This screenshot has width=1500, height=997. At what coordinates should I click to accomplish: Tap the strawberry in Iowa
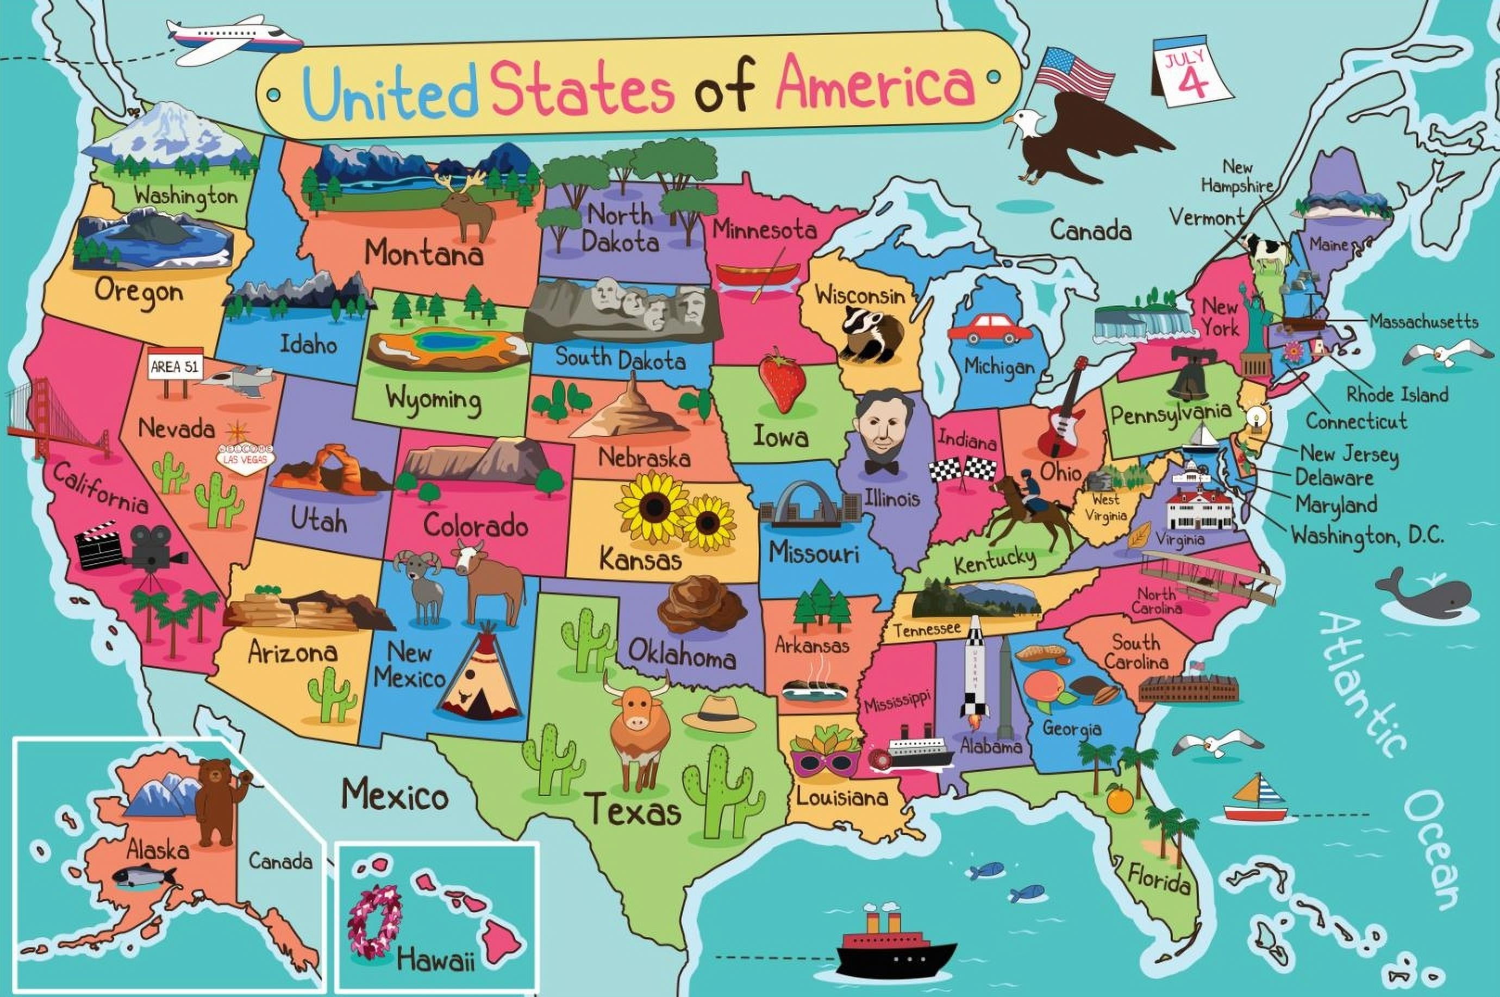[x=783, y=379]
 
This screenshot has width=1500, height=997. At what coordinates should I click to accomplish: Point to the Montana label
[x=423, y=254]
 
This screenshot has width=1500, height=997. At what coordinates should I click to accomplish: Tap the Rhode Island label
[x=1397, y=394]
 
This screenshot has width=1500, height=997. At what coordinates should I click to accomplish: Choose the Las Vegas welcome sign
[x=245, y=455]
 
